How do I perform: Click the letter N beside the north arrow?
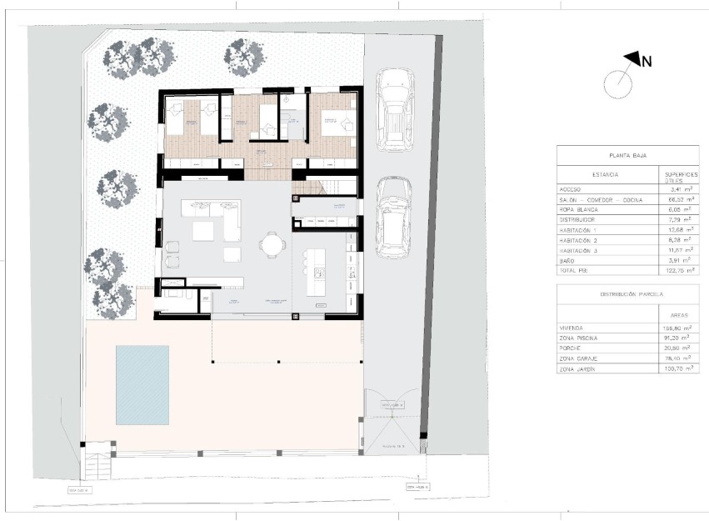point(647,60)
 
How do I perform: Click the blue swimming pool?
point(142,384)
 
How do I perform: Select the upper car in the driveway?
point(395,109)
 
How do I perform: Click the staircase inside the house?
point(337,188)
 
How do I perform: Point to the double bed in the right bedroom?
point(336,123)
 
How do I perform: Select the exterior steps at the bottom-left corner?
point(95,464)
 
